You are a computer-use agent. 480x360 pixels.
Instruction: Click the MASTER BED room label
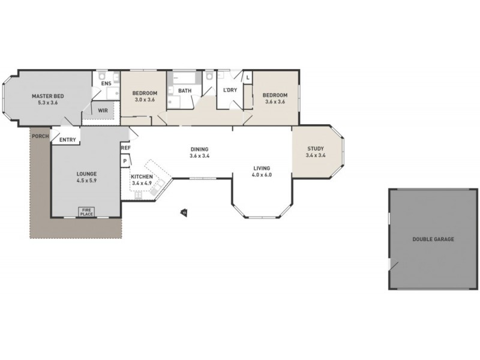click(47, 95)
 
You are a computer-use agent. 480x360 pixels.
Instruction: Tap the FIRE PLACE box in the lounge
click(87, 211)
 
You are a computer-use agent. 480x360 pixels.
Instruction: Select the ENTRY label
click(68, 140)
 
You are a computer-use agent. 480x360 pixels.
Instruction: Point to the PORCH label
click(40, 136)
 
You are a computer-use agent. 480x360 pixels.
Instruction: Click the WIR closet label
click(103, 110)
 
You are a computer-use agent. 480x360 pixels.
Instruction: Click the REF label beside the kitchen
click(125, 148)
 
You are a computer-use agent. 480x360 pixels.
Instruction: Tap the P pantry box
click(125, 161)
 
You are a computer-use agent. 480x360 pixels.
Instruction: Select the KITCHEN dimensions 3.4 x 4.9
click(142, 184)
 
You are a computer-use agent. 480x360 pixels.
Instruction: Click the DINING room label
click(200, 149)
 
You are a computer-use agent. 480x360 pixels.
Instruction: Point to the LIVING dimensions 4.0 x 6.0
click(262, 175)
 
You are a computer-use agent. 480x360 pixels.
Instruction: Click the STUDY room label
click(316, 149)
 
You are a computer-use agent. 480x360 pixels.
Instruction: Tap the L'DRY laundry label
click(230, 90)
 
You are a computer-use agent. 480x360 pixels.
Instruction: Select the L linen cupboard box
click(248, 77)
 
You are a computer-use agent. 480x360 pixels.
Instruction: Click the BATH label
click(185, 91)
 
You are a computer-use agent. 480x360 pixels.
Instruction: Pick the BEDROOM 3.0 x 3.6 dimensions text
click(145, 100)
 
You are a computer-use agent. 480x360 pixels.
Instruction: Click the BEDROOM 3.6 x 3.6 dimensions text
click(274, 102)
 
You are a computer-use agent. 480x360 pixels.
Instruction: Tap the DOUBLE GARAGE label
click(433, 239)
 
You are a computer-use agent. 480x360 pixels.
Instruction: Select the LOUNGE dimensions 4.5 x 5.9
click(86, 180)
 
